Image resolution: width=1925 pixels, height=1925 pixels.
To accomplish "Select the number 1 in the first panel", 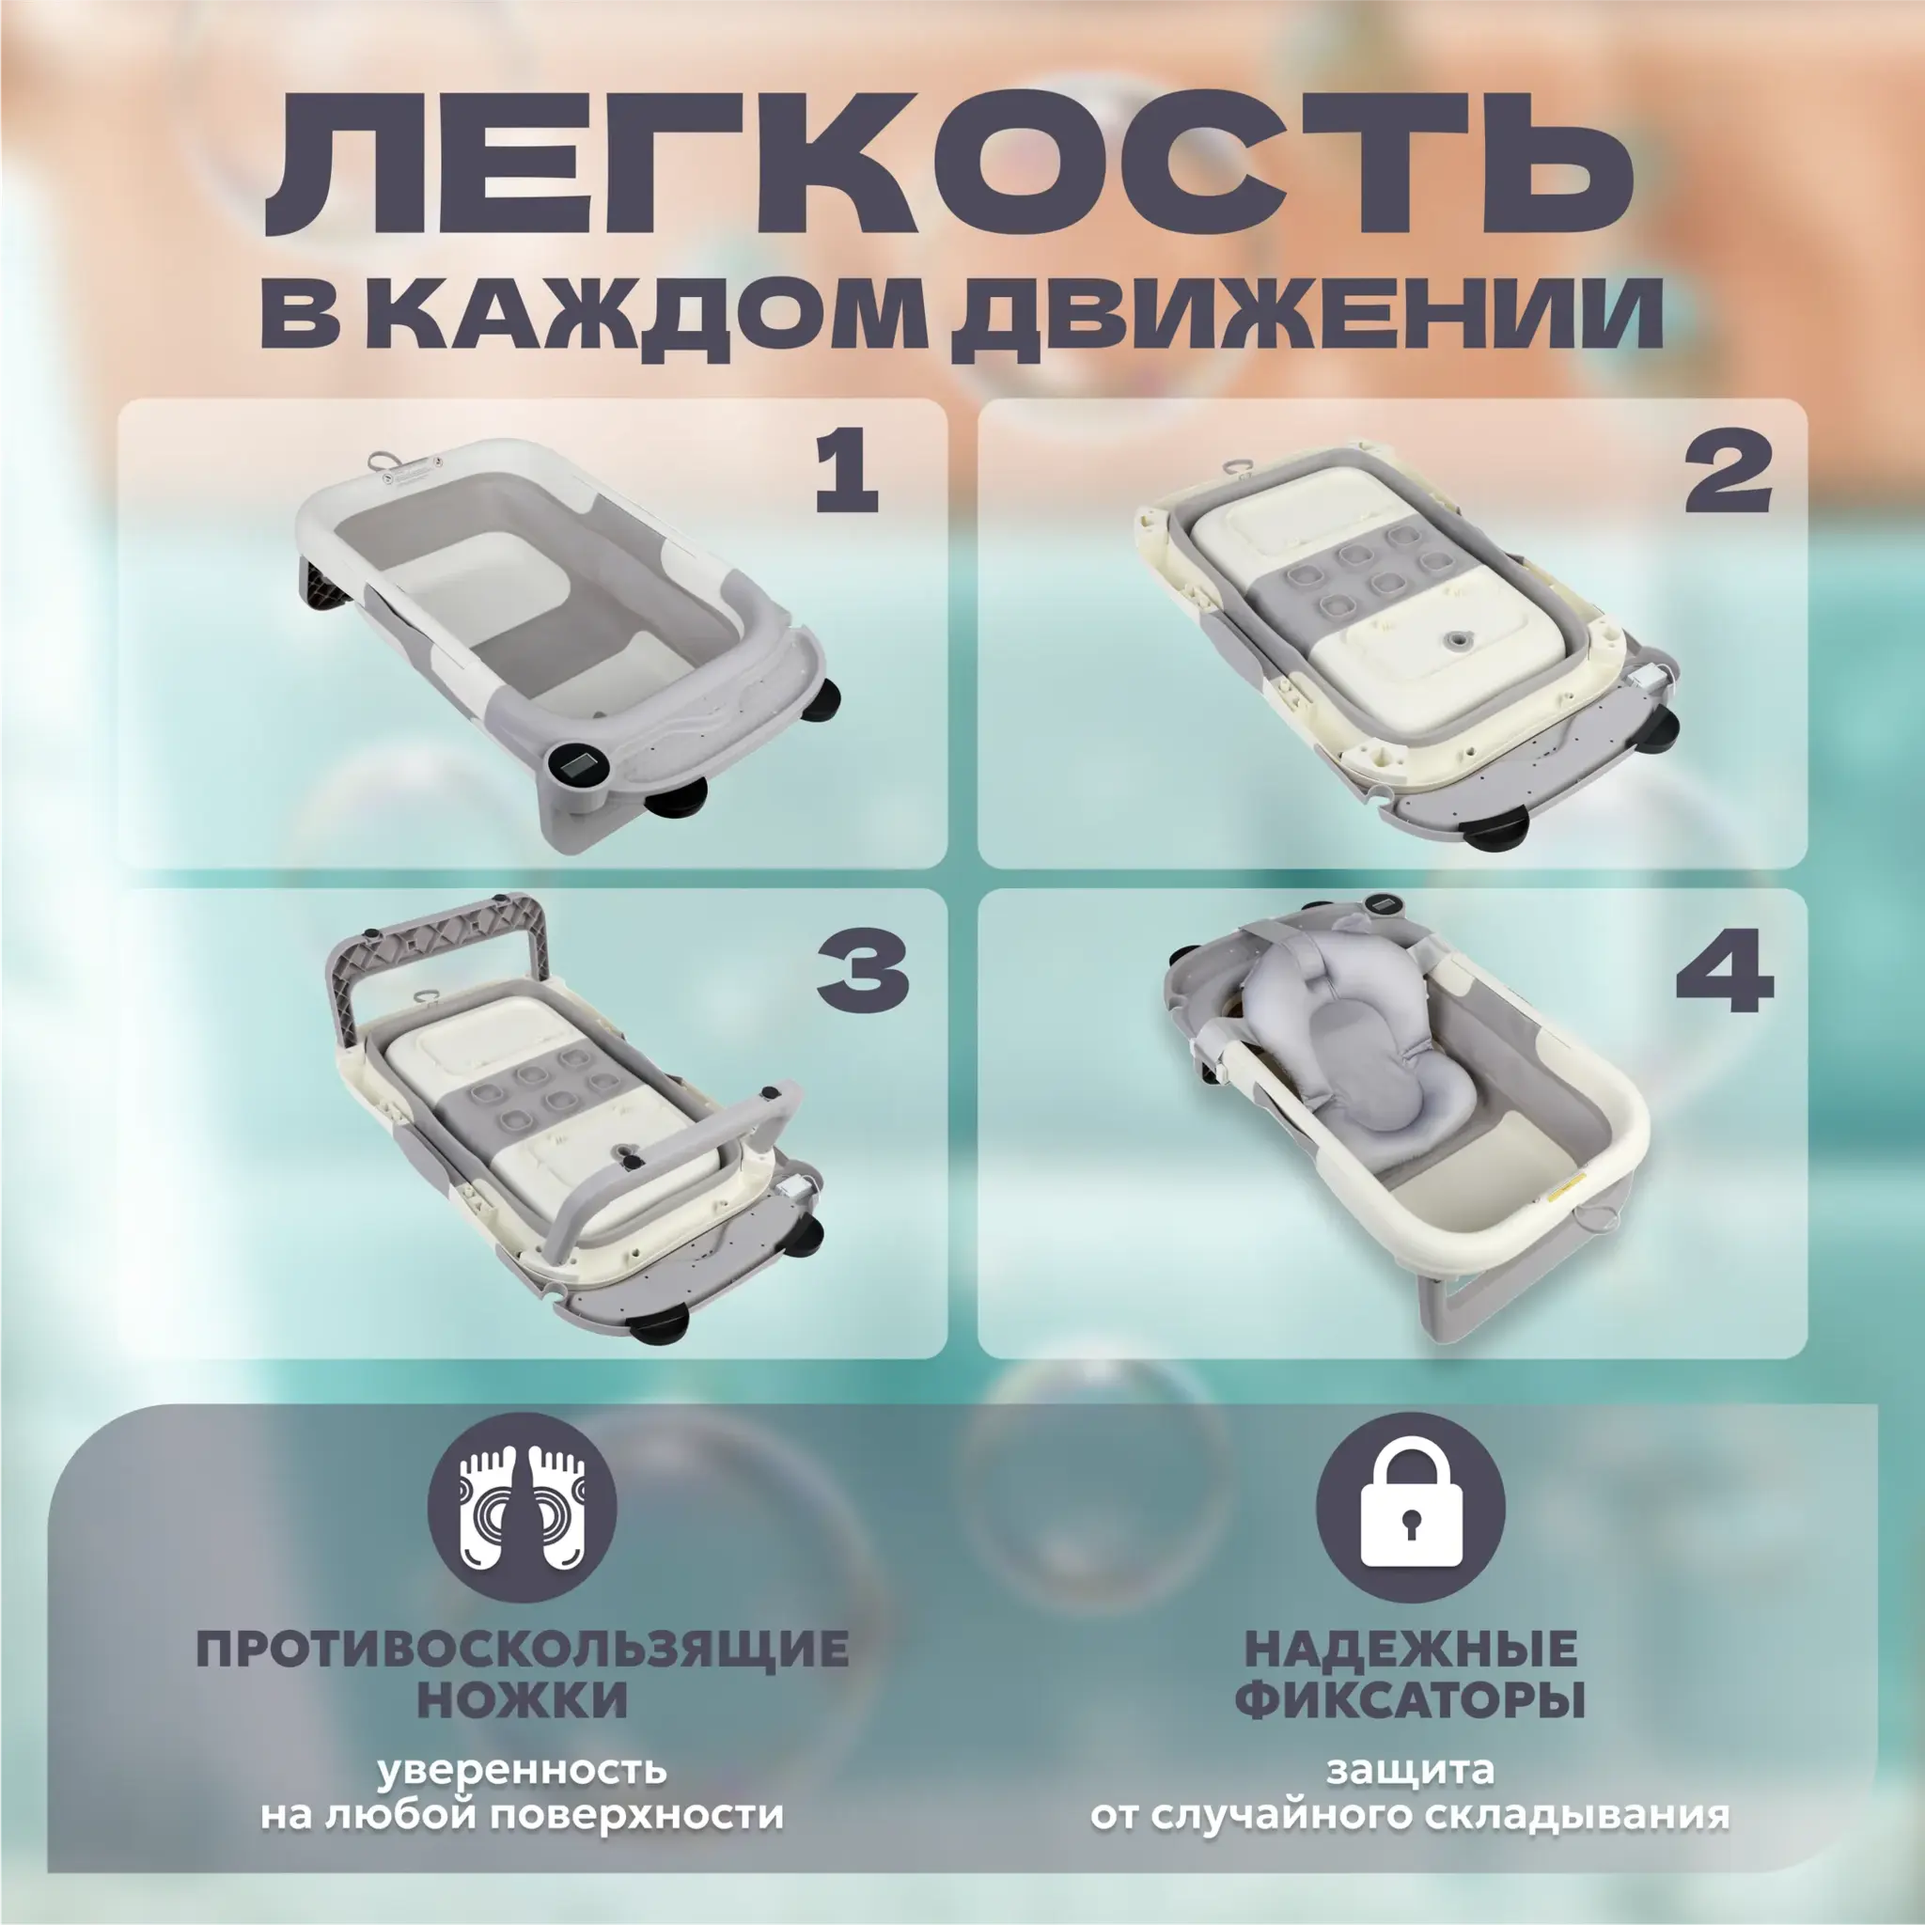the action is (x=847, y=475).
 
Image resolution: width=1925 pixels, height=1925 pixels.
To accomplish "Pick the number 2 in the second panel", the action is (x=1728, y=475).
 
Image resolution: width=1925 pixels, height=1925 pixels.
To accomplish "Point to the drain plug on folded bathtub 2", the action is (x=1459, y=634).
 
